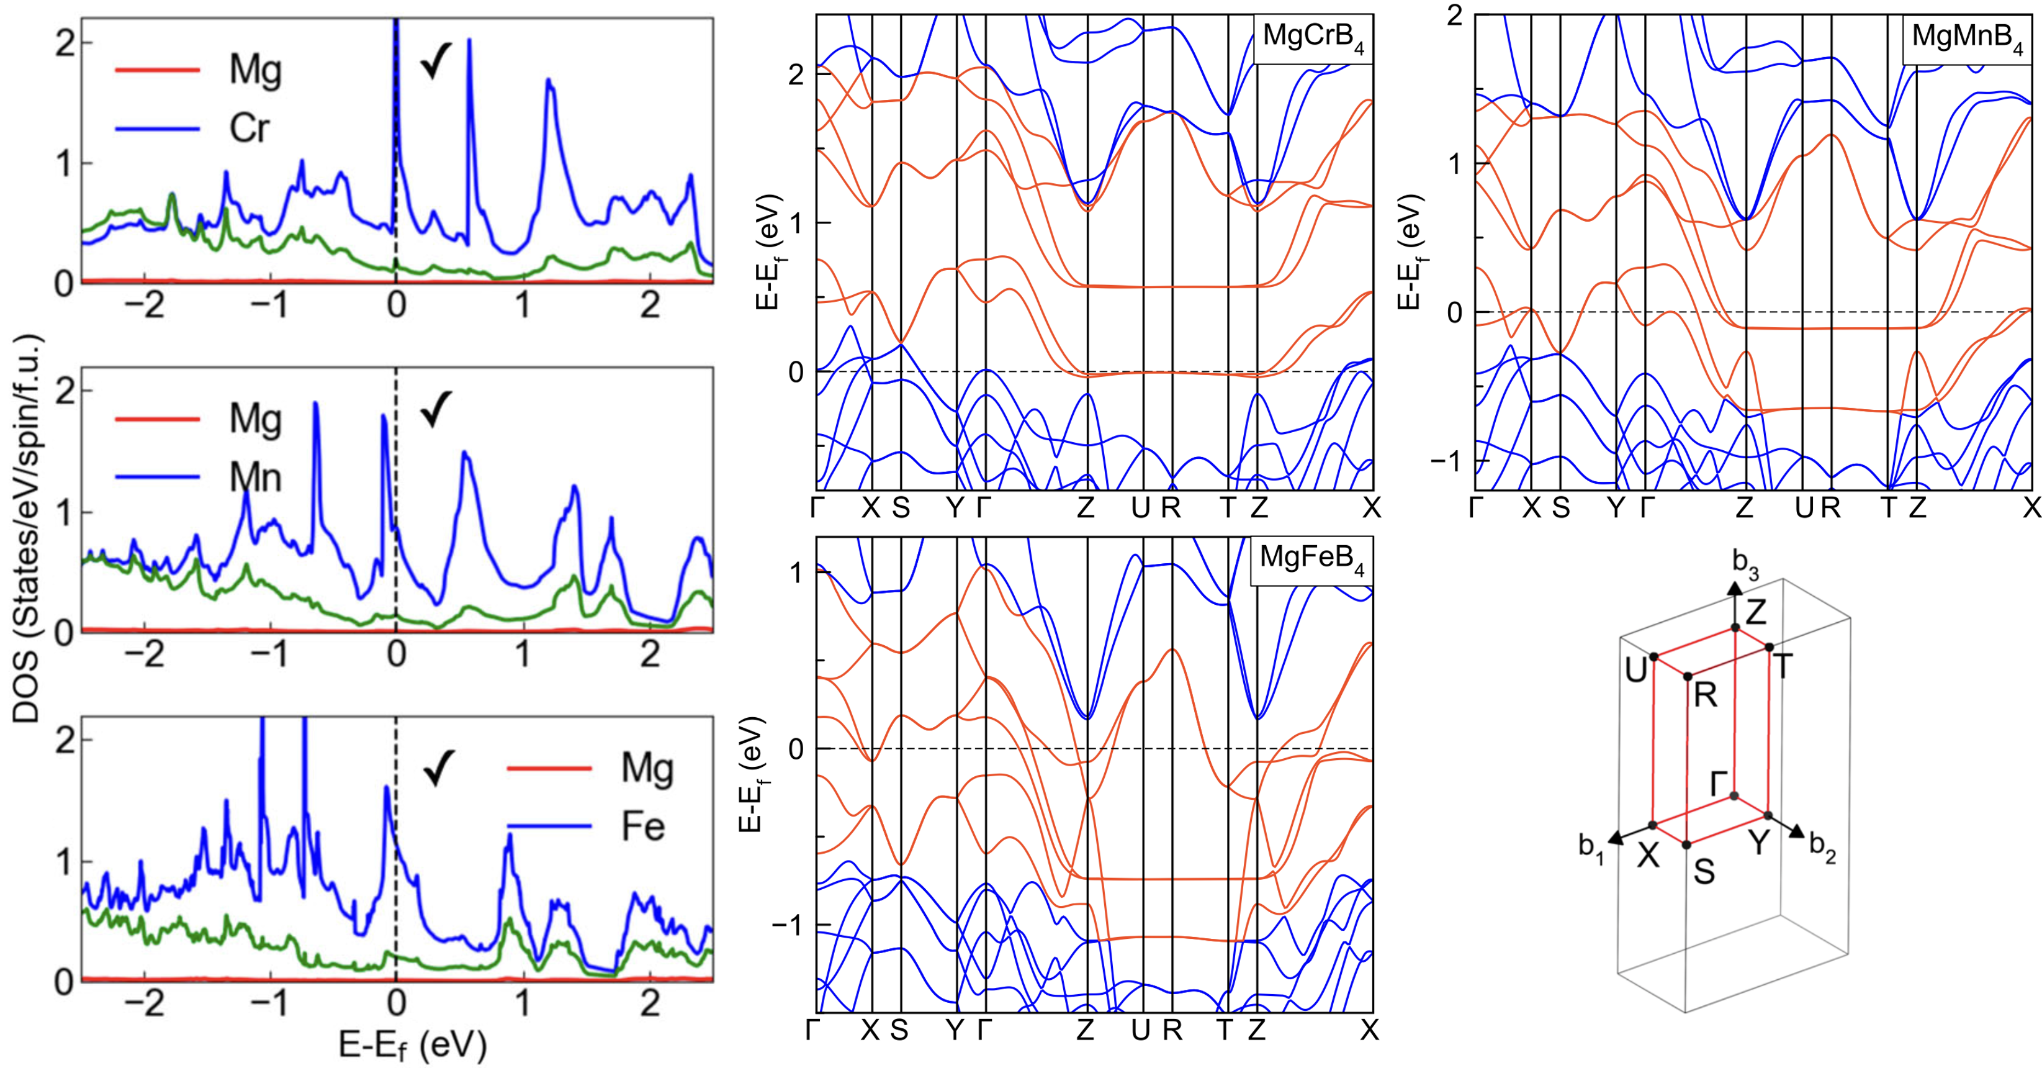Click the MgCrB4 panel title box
[1313, 38]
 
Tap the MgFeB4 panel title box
[1312, 560]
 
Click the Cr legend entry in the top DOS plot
[249, 129]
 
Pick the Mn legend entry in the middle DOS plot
[255, 478]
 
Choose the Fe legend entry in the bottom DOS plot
[642, 827]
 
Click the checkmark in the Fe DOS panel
[438, 767]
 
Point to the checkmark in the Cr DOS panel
[436, 60]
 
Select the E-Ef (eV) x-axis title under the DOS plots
[412, 1045]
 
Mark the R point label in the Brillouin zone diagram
[1706, 695]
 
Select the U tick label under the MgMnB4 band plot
[1804, 507]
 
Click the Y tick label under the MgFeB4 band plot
[955, 1030]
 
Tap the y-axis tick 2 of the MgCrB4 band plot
[796, 75]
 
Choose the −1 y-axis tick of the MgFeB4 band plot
[789, 925]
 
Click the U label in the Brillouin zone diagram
[1635, 671]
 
